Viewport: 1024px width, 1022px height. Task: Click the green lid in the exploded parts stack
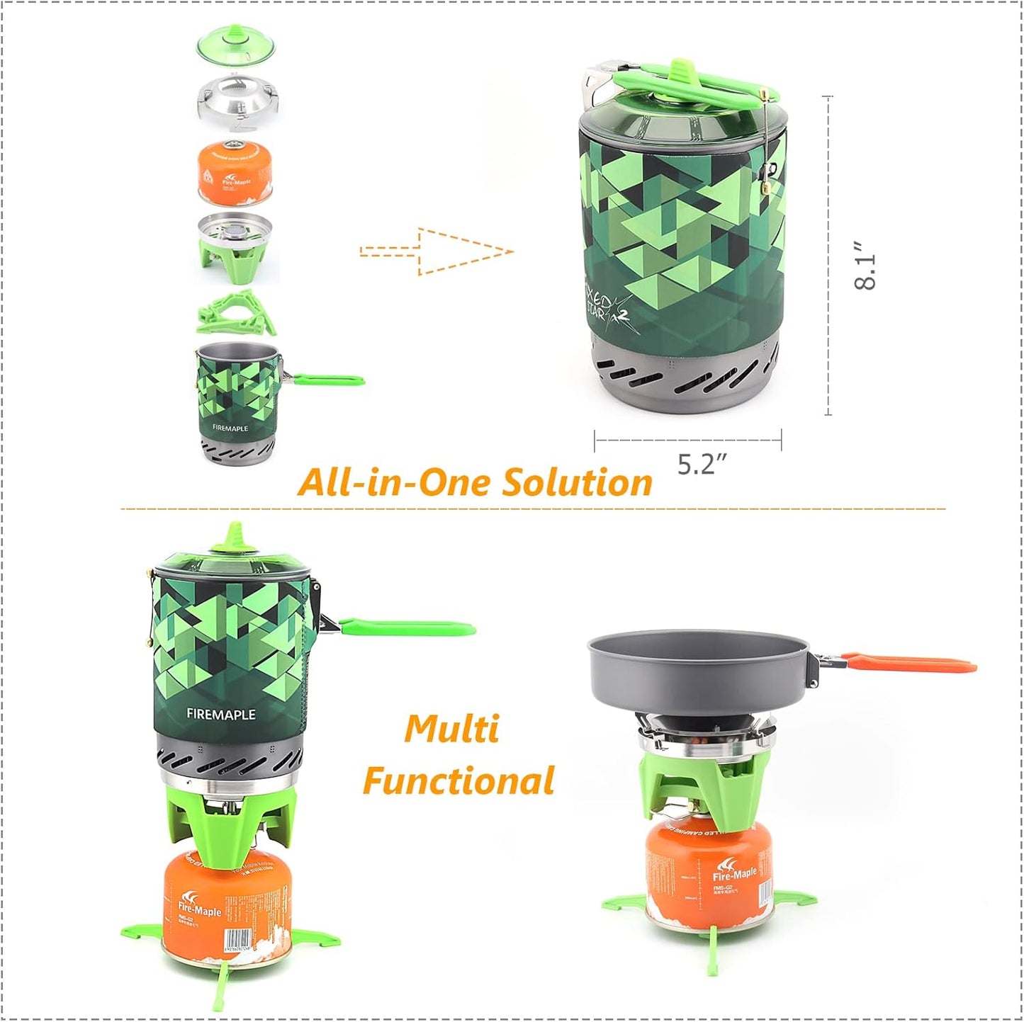(235, 47)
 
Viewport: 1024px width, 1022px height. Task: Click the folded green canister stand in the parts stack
(237, 312)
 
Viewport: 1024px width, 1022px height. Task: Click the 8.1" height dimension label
(865, 265)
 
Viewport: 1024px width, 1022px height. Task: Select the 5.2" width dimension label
(702, 464)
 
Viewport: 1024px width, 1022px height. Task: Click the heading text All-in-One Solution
(475, 483)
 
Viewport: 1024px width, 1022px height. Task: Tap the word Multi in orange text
(452, 729)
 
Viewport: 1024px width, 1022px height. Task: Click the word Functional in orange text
(458, 781)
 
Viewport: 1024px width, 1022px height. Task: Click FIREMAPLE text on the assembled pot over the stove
(221, 715)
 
